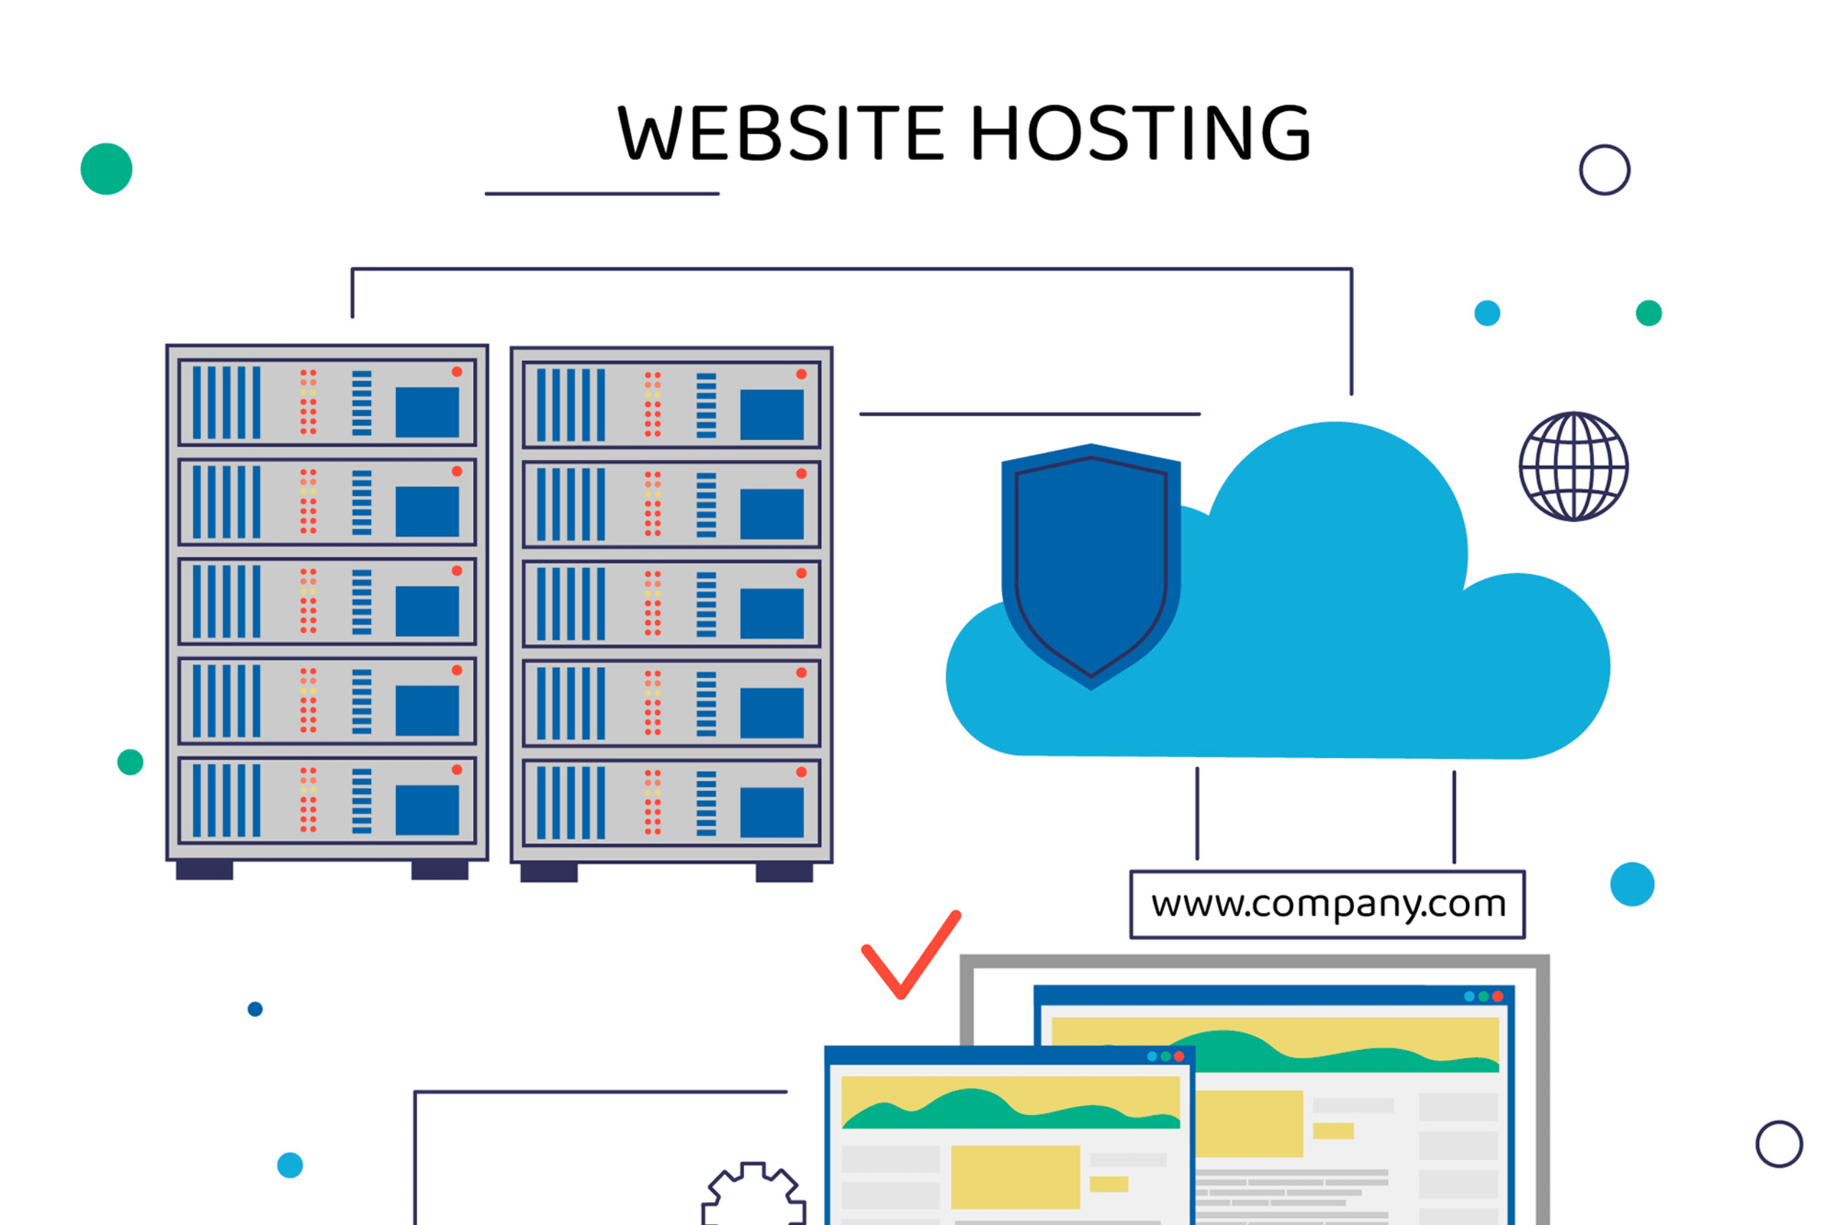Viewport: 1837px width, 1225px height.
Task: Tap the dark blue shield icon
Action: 1091,566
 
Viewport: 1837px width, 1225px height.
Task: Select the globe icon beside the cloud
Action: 1574,466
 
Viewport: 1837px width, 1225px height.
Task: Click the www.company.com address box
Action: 1328,904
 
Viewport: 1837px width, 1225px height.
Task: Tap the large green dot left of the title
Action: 106,169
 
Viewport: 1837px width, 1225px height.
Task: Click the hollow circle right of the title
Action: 1605,169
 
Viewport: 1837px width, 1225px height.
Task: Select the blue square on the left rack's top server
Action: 427,412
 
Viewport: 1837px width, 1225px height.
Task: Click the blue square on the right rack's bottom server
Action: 771,812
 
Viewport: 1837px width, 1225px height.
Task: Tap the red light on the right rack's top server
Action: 802,374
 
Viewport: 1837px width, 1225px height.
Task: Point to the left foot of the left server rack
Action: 205,870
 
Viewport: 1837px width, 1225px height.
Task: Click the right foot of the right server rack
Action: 784,872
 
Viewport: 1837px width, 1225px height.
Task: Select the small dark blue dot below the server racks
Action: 255,1010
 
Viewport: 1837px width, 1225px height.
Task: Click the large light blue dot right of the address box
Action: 1632,884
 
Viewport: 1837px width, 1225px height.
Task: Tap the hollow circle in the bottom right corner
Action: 1779,1144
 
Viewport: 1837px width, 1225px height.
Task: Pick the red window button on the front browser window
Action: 1180,1056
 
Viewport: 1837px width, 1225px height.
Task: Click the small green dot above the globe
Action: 1649,314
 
